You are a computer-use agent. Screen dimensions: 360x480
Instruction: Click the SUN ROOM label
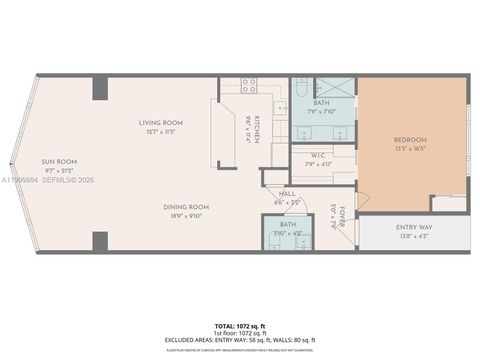(60, 161)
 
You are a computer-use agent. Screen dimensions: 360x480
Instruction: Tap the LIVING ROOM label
(161, 123)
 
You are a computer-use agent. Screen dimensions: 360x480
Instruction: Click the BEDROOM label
(410, 139)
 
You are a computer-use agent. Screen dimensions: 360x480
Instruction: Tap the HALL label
(287, 194)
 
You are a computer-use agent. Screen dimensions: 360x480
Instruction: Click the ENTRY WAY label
(413, 228)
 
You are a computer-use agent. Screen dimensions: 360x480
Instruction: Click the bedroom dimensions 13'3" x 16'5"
(410, 147)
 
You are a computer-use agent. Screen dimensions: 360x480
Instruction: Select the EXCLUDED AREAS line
(240, 340)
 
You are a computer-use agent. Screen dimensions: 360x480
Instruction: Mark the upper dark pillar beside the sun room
(100, 87)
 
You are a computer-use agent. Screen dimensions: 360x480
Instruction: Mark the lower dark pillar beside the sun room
(100, 241)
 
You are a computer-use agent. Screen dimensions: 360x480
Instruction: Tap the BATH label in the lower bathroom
(287, 225)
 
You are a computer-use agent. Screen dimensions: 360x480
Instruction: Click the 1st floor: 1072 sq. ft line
(240, 334)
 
